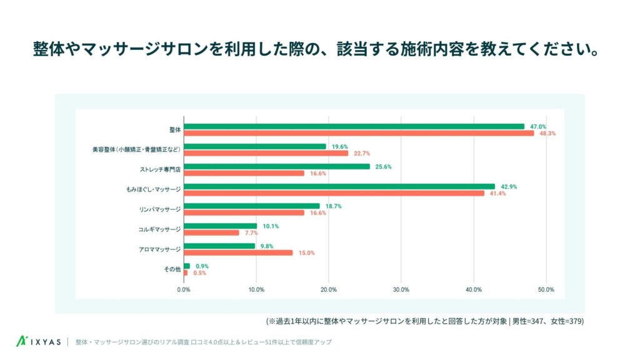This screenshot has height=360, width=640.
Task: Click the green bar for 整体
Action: tap(354, 126)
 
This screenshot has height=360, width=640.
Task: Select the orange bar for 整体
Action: tap(359, 133)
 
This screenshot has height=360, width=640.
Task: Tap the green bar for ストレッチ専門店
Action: tap(276, 166)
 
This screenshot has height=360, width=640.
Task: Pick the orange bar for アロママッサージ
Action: tap(238, 252)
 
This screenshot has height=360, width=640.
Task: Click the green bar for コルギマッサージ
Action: tap(220, 226)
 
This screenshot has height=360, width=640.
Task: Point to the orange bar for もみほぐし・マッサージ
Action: tap(334, 193)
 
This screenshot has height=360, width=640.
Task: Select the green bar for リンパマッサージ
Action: tap(251, 206)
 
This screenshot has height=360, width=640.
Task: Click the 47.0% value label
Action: tap(539, 126)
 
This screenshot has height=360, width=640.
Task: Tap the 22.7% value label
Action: tap(362, 153)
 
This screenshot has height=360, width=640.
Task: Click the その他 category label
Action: tap(172, 269)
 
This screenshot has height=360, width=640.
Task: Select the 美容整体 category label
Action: tap(136, 150)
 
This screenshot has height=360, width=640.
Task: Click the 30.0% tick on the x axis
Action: tap(401, 289)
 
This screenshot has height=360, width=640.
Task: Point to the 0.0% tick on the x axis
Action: tap(184, 289)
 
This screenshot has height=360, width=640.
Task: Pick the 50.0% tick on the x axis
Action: tap(546, 289)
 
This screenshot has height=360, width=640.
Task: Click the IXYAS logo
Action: tap(39, 342)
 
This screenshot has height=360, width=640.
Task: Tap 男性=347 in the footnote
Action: tap(529, 321)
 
